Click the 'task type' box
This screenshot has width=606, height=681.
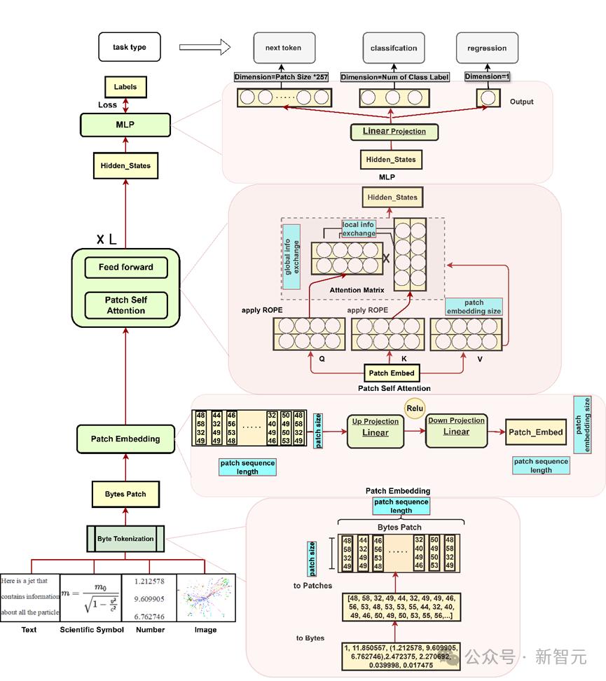click(x=130, y=48)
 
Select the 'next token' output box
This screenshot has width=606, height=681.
click(x=283, y=48)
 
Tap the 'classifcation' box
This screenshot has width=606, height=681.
click(x=394, y=48)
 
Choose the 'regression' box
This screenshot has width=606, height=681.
click(x=487, y=48)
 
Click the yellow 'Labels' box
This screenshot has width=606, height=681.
click(x=125, y=87)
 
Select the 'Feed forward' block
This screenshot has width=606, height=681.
click(x=126, y=267)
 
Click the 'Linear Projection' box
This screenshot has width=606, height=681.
click(x=394, y=131)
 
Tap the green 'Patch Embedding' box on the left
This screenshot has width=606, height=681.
click(x=125, y=439)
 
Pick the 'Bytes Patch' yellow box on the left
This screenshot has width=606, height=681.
click(x=125, y=494)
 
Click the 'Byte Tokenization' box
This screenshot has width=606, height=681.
click(x=125, y=539)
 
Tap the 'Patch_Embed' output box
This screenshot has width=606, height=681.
click(x=535, y=432)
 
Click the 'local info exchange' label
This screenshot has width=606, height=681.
click(x=359, y=228)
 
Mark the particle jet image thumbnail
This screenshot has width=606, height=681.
click(x=205, y=598)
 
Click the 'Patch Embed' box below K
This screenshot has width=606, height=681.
click(x=391, y=373)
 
